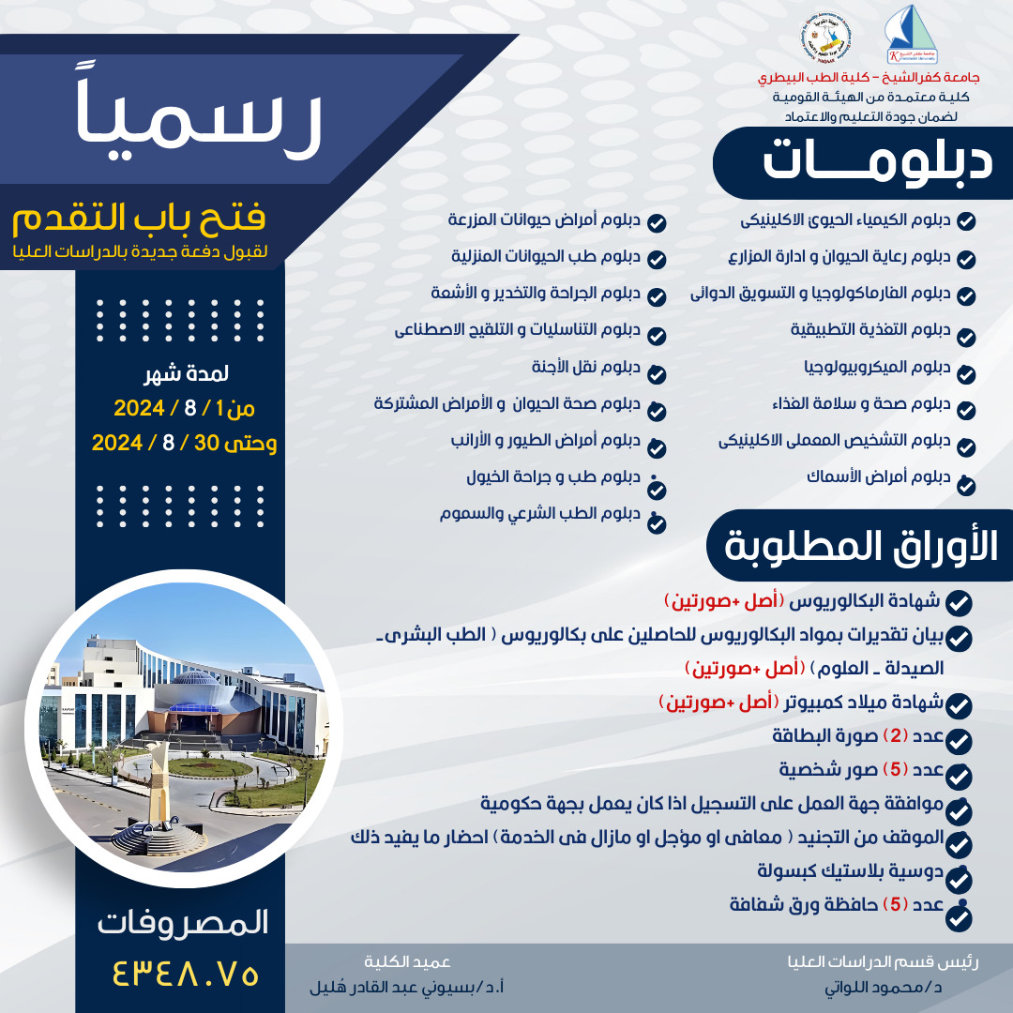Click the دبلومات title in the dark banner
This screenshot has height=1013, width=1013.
(x=876, y=161)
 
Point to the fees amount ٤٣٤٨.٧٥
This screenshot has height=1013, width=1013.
(x=184, y=973)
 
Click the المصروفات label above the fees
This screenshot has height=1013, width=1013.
(x=183, y=922)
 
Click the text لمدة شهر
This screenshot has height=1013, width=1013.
(x=188, y=376)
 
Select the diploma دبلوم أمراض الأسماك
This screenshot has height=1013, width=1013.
(x=878, y=476)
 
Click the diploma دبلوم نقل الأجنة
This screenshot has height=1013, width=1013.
(x=592, y=366)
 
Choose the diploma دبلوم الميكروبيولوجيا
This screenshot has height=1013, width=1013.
(x=877, y=366)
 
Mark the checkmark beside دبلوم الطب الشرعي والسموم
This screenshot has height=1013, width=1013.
(x=657, y=522)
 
